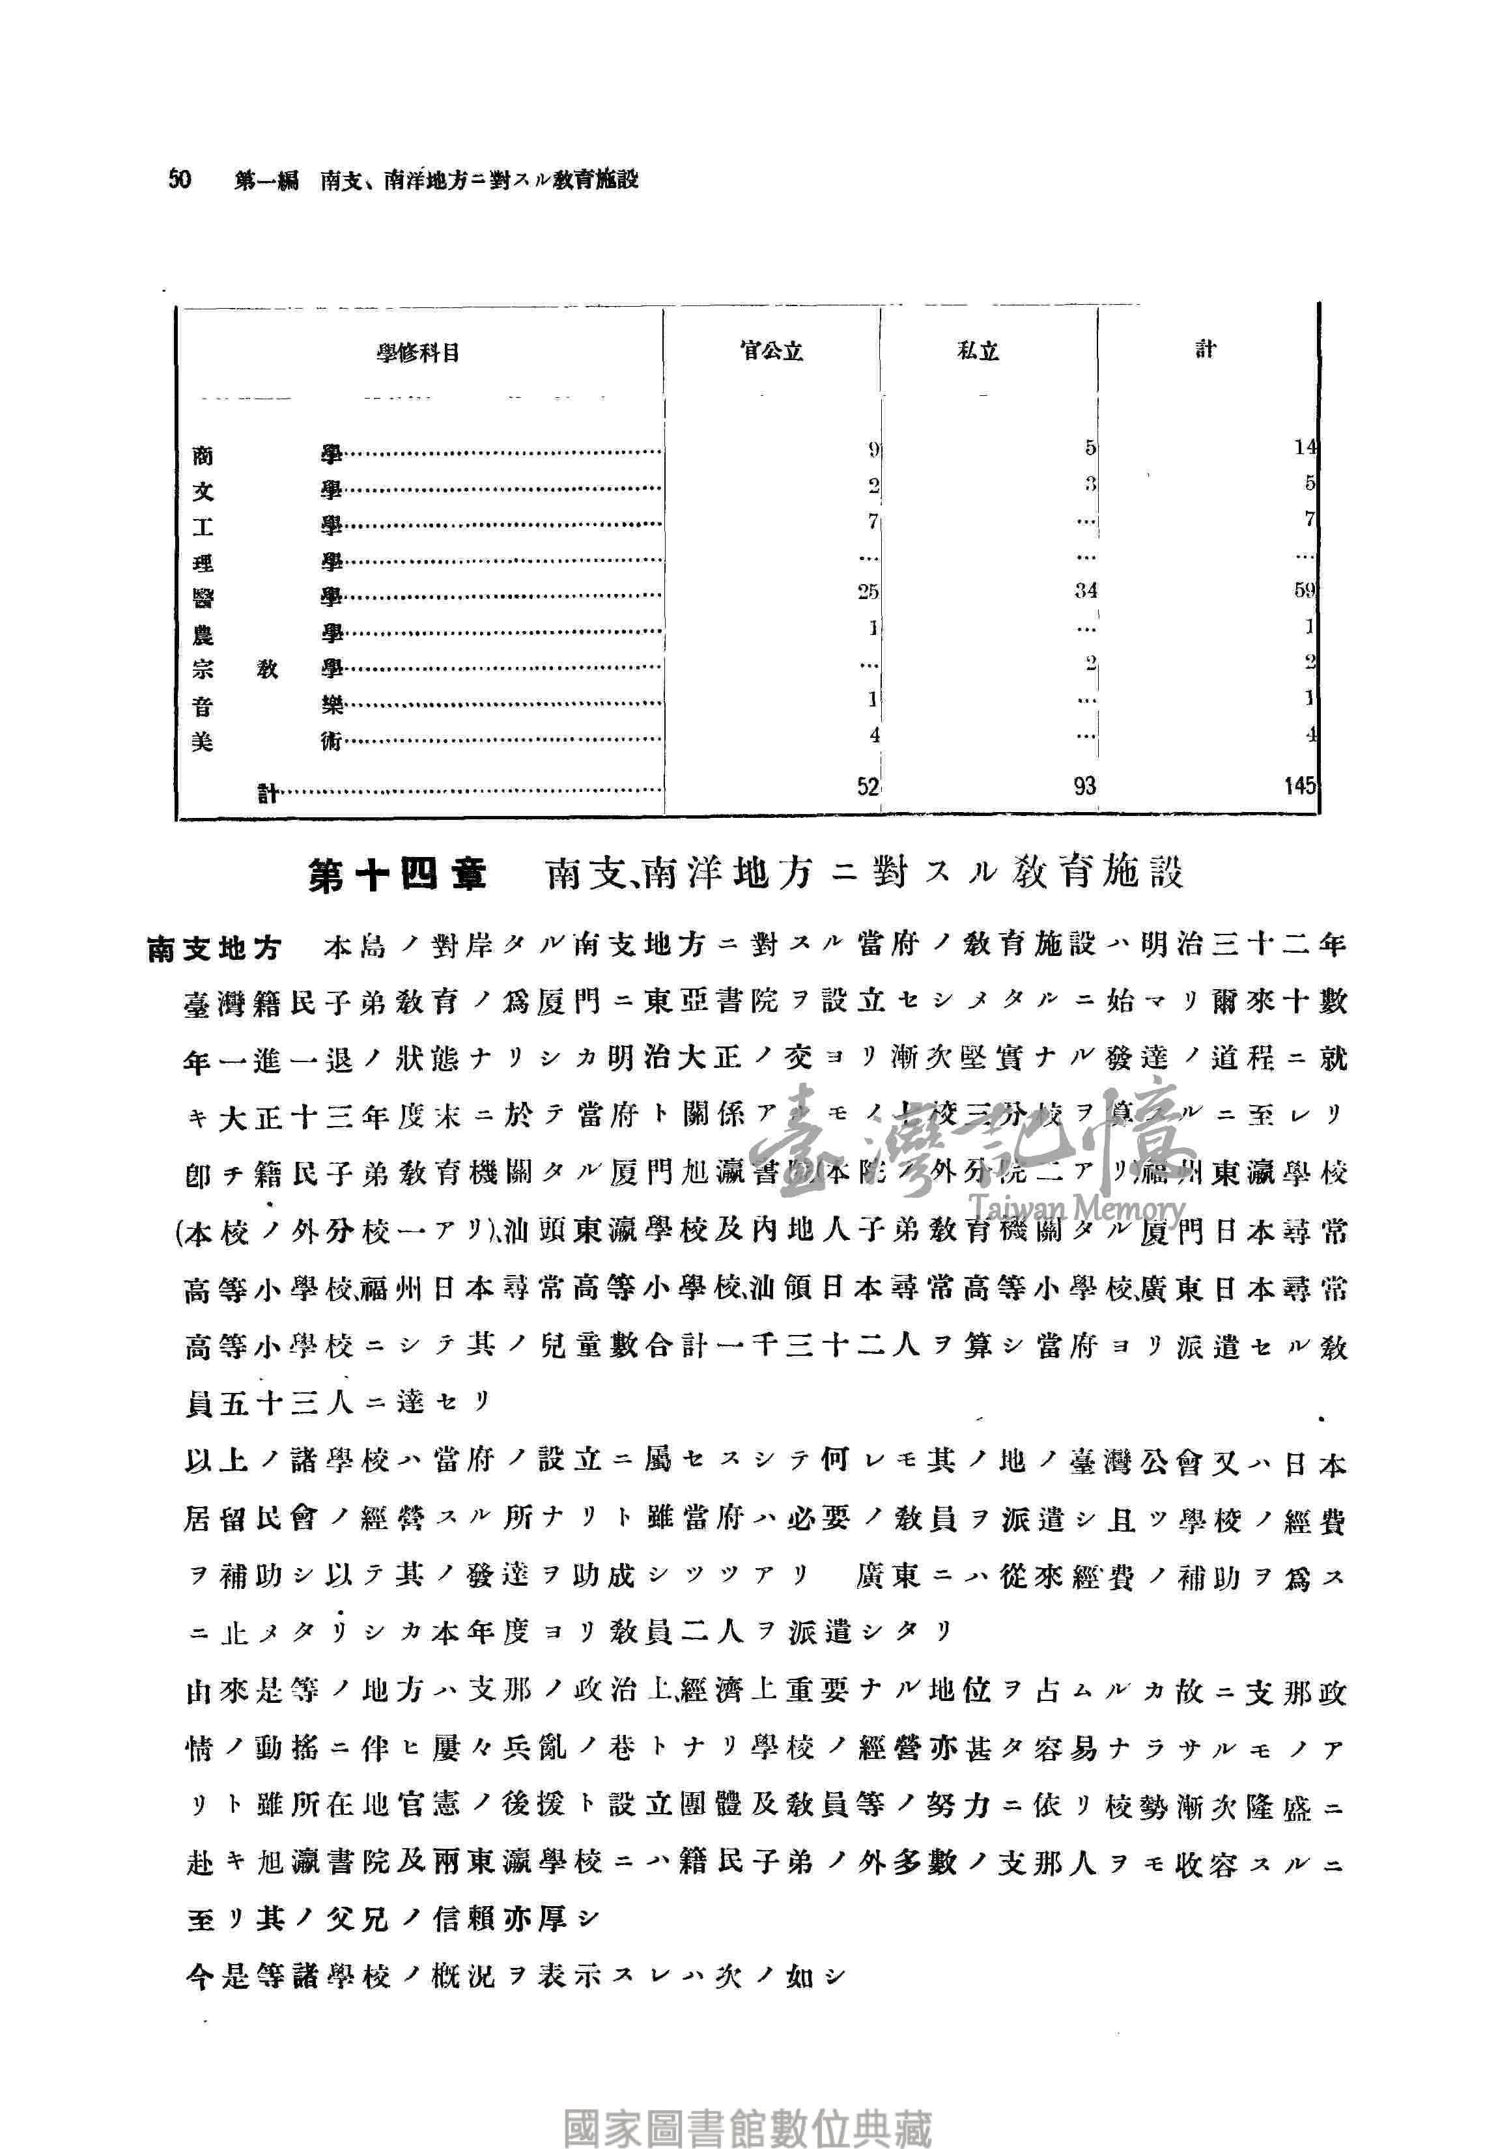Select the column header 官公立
[x=770, y=352]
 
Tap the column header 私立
[x=978, y=352]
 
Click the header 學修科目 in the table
[x=417, y=354]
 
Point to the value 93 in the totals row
[x=1084, y=786]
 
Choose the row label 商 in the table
[x=202, y=456]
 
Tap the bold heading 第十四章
[x=398, y=876]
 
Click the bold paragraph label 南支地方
[x=214, y=948]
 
